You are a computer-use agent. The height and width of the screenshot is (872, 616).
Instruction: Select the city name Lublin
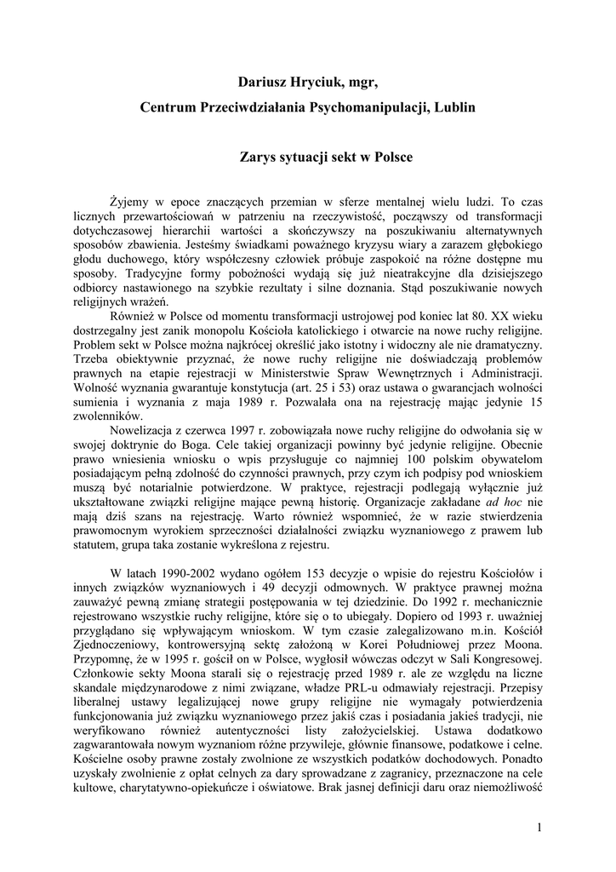click(455, 108)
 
